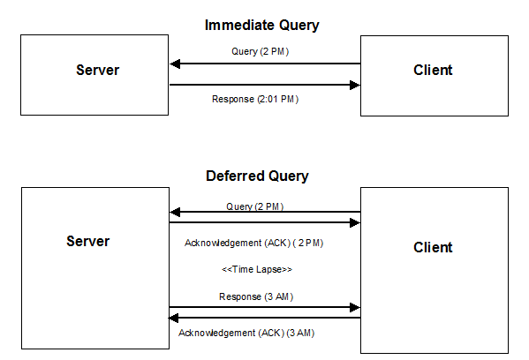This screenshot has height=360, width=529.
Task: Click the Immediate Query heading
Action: click(261, 26)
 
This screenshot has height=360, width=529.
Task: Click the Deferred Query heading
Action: click(257, 176)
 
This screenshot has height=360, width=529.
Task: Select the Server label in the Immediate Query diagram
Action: click(96, 71)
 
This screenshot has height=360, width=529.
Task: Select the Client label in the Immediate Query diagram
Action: click(433, 71)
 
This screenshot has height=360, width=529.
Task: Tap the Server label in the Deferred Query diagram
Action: click(87, 241)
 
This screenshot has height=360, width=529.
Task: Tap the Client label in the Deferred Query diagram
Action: click(433, 247)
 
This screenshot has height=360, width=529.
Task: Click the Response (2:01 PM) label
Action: click(255, 99)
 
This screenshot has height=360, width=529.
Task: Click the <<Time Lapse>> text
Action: click(257, 269)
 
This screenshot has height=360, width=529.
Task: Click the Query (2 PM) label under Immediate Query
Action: click(260, 51)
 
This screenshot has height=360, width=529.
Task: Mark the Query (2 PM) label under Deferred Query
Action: click(254, 206)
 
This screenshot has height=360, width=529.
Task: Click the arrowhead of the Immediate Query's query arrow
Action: click(175, 64)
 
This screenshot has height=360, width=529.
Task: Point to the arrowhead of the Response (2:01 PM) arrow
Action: click(355, 86)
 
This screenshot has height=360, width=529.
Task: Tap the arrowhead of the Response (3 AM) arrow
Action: click(355, 308)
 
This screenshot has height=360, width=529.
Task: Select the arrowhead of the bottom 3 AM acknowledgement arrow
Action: click(175, 318)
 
